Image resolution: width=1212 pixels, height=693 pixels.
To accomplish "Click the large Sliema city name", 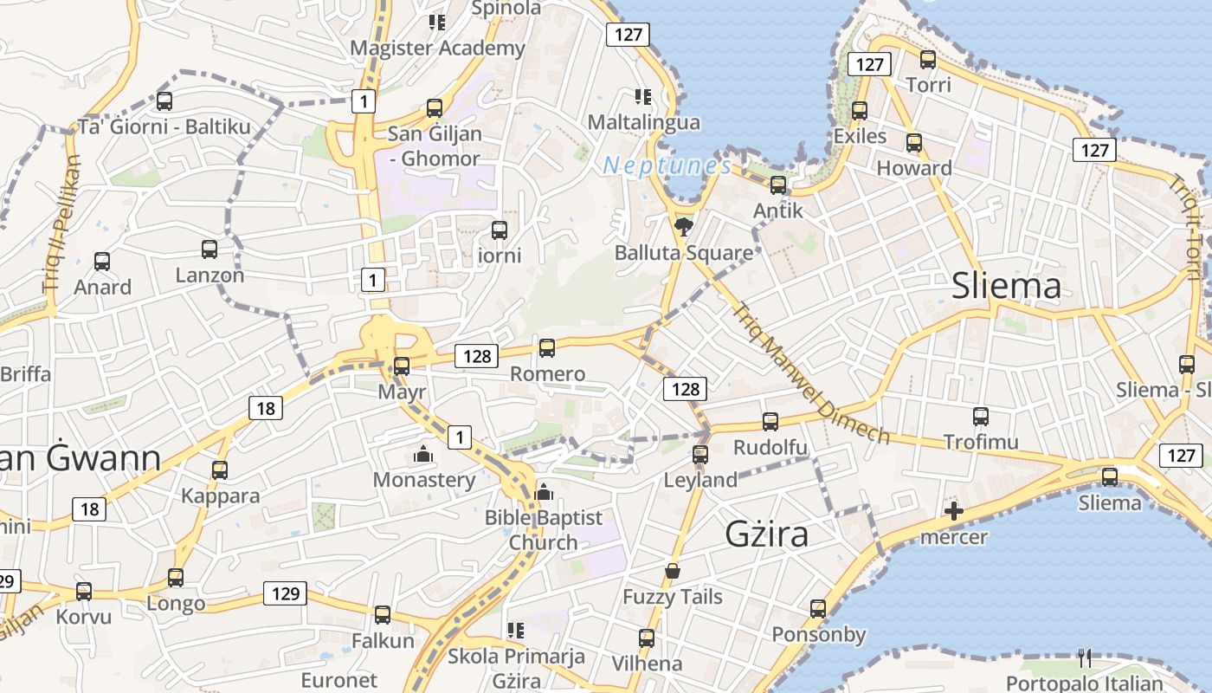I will (x=1006, y=286).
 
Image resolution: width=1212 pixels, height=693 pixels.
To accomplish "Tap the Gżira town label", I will (x=767, y=534).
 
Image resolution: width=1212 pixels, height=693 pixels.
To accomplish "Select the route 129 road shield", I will (x=285, y=593).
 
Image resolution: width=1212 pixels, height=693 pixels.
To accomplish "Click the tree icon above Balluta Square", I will (x=684, y=227).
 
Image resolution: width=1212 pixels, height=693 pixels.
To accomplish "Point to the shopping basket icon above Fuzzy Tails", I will (x=673, y=571).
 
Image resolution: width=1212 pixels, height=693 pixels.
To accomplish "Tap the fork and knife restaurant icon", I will (x=1085, y=658).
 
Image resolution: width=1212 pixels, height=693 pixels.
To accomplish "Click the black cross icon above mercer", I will (x=953, y=511).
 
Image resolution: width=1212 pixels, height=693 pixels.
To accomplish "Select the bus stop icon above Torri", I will (x=928, y=60).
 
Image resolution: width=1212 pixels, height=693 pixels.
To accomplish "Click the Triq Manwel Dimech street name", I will (x=809, y=372).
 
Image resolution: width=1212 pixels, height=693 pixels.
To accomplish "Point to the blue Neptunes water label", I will (x=667, y=165).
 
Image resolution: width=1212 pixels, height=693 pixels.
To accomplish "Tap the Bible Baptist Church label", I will (x=543, y=529).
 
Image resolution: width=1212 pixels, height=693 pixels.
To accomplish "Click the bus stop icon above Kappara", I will (x=220, y=470).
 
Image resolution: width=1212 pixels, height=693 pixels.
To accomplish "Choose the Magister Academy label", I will (x=437, y=48).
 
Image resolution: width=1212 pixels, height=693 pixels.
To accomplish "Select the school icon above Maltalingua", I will (x=642, y=96).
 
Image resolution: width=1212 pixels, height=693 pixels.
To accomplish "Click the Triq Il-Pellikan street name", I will (x=61, y=223).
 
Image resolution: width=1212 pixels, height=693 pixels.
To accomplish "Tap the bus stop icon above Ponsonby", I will (x=818, y=609).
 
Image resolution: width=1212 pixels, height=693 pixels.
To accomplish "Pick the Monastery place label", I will (x=424, y=480).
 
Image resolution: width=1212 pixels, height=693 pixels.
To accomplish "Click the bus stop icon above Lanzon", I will (x=210, y=249).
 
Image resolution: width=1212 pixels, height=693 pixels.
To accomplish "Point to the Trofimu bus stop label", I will (x=981, y=442).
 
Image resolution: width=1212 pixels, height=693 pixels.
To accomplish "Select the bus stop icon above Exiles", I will (x=860, y=111).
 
